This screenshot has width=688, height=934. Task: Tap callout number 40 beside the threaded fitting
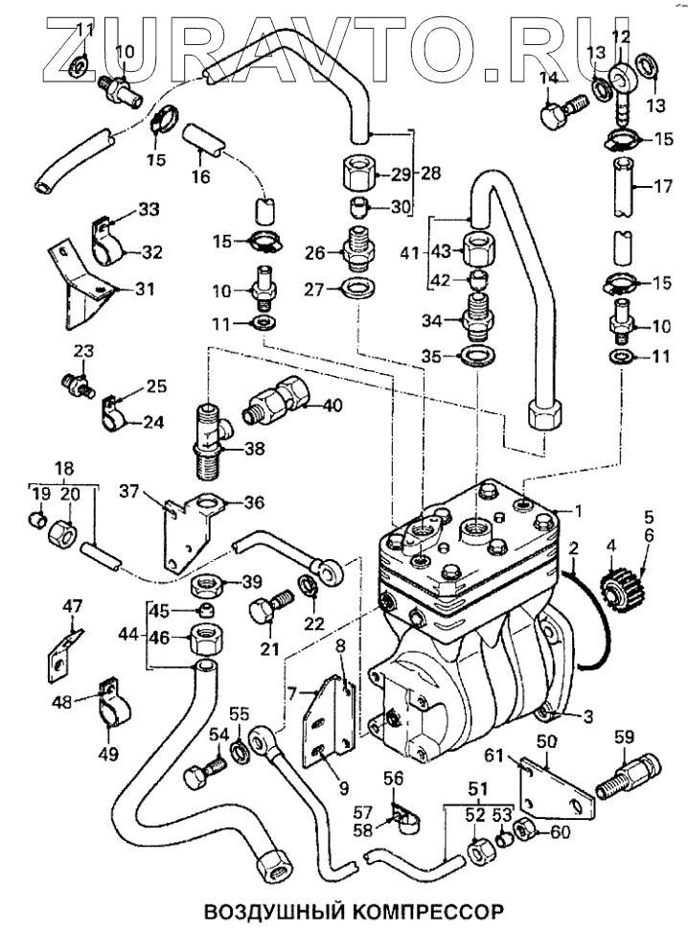(333, 406)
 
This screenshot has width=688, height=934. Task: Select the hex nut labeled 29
(356, 175)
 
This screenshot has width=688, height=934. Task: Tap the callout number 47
(73, 605)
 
